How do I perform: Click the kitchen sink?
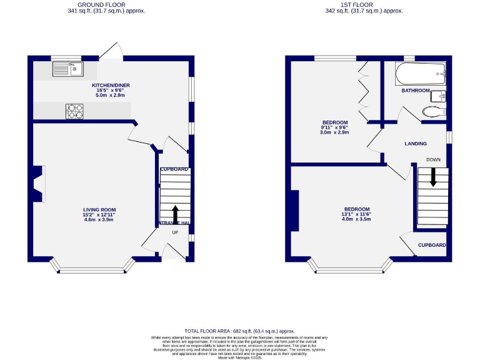[x=65, y=67]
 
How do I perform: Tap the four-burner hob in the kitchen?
[x=75, y=111]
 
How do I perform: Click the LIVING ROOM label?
[x=100, y=210]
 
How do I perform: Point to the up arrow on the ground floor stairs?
[x=175, y=214]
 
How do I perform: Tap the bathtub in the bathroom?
[x=420, y=75]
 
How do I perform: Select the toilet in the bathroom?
[x=432, y=111]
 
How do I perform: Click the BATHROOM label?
[x=416, y=91]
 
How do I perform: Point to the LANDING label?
[x=416, y=144]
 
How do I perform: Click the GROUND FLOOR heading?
[x=106, y=4]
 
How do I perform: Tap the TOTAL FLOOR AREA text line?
[x=239, y=331]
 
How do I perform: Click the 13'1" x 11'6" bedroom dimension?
[x=356, y=214]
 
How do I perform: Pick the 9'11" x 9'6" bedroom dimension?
[x=334, y=127]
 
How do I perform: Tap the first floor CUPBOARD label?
[x=432, y=245]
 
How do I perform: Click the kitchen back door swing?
[x=112, y=51]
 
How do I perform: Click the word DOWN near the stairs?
[x=433, y=160]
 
